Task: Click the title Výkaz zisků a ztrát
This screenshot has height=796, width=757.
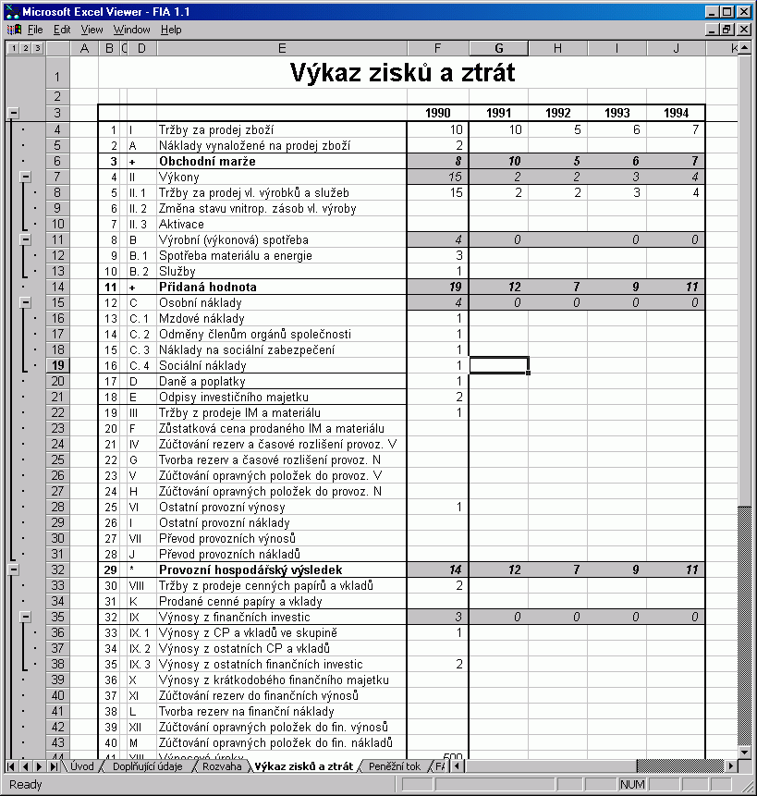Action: pyautogui.click(x=402, y=71)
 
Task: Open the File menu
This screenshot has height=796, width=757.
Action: pyautogui.click(x=35, y=30)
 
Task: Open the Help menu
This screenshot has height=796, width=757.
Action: pyautogui.click(x=171, y=30)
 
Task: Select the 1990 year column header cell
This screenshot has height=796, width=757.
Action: pyautogui.click(x=437, y=114)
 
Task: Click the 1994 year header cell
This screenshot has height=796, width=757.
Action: pyautogui.click(x=676, y=114)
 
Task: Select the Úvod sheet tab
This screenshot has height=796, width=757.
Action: pyautogui.click(x=81, y=766)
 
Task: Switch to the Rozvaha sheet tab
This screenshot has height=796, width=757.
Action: pyautogui.click(x=222, y=766)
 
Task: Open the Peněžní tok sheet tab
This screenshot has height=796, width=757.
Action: pyautogui.click(x=394, y=766)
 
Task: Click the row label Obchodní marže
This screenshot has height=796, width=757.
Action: pyautogui.click(x=205, y=161)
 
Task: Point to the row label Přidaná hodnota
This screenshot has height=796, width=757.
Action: pyautogui.click(x=207, y=287)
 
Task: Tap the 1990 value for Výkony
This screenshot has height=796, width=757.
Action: pyautogui.click(x=437, y=177)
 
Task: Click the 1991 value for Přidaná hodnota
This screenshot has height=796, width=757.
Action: pyautogui.click(x=498, y=287)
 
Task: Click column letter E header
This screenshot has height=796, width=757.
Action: pyautogui.click(x=281, y=48)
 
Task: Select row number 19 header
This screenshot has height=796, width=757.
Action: pyautogui.click(x=57, y=365)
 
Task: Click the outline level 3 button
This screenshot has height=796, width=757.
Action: pyautogui.click(x=37, y=48)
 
